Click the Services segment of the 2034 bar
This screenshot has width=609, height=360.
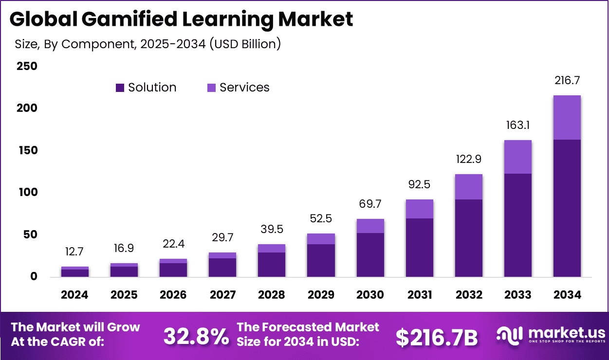[x=567, y=117]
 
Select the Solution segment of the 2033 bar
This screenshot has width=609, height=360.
[x=517, y=225]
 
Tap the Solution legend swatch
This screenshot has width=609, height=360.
[x=120, y=88]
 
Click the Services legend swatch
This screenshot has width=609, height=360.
[x=211, y=88]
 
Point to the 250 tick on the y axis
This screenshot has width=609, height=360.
[x=27, y=66]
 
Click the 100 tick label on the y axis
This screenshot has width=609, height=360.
[x=27, y=193]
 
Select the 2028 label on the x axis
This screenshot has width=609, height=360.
[x=272, y=295]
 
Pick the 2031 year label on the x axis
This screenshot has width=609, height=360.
[x=419, y=295]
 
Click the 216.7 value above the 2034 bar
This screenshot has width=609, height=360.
[x=567, y=81]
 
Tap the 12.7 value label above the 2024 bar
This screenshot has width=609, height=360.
[x=74, y=252]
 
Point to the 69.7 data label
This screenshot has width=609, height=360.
[x=370, y=204]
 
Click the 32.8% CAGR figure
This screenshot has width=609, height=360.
[x=196, y=336]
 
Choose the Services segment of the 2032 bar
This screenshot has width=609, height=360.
[x=468, y=187]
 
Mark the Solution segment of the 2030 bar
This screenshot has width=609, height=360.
[x=370, y=255]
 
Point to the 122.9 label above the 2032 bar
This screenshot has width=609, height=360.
[x=468, y=160]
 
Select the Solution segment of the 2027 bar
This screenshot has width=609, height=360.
[x=222, y=268]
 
